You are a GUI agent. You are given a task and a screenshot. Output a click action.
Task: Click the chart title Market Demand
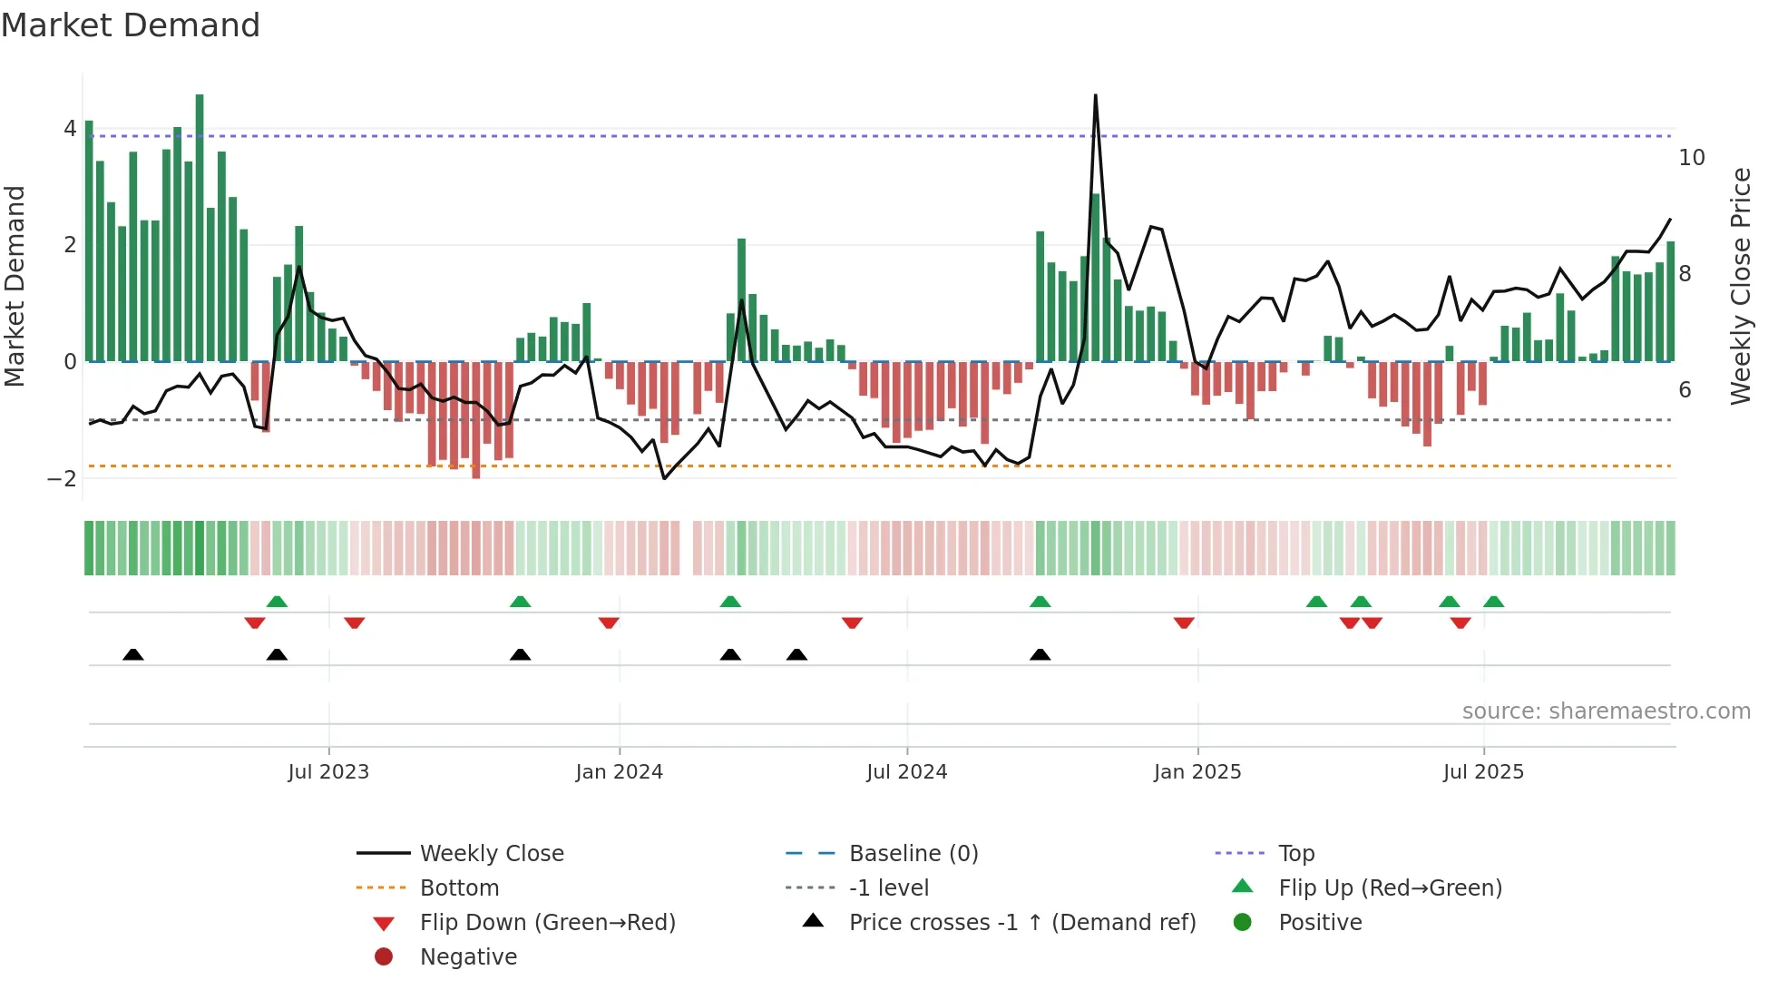tap(131, 25)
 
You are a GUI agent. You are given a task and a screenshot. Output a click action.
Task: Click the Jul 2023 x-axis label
tap(328, 772)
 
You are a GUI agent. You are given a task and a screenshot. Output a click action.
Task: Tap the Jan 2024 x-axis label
tap(619, 772)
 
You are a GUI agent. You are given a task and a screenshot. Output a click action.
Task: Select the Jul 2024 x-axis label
tap(906, 772)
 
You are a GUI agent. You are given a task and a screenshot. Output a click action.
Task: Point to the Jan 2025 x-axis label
tap(1197, 772)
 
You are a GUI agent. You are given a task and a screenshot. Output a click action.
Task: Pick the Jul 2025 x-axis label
tap(1483, 772)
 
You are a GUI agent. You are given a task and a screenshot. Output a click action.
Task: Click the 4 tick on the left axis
tap(70, 129)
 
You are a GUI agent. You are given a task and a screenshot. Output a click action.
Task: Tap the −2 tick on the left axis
tap(63, 479)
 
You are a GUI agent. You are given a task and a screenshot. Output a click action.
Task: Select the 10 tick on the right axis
tap(1691, 158)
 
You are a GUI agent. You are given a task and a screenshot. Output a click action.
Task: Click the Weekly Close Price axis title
tap(1740, 286)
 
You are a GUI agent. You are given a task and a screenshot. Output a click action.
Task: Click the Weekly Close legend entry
tap(491, 854)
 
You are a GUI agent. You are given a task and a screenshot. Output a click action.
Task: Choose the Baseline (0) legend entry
tap(913, 854)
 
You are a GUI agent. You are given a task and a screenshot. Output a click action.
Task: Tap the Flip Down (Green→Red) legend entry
tap(547, 923)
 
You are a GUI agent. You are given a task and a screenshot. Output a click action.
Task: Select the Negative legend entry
tap(468, 957)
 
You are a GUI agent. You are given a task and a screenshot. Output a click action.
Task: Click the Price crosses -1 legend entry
tap(1021, 923)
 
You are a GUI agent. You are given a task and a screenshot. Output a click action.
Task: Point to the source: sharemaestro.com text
tap(1606, 711)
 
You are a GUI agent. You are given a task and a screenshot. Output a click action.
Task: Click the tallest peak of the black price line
tap(1095, 95)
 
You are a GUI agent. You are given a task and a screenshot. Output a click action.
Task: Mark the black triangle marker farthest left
tap(133, 654)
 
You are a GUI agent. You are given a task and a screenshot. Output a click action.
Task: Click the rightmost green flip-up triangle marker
tap(1493, 602)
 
